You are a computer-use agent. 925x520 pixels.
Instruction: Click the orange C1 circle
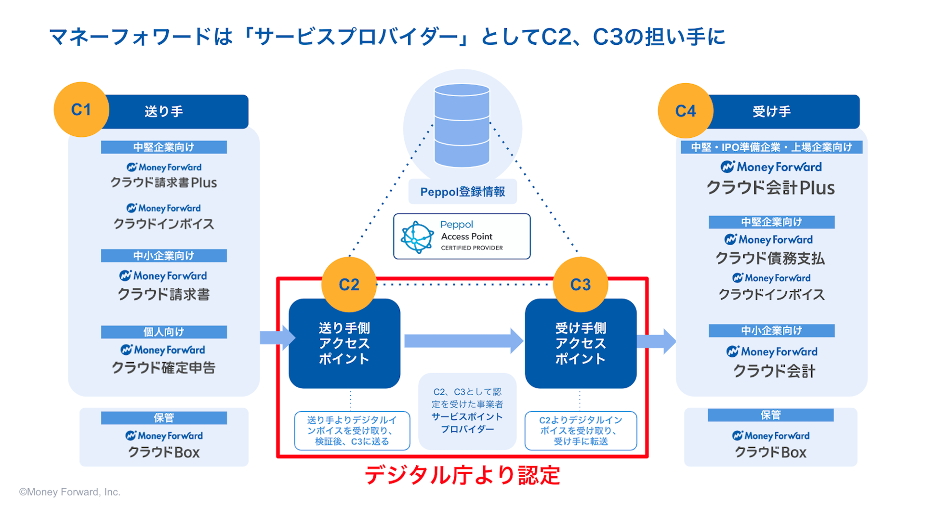[x=81, y=110]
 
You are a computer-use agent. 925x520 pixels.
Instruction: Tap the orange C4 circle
[x=685, y=111]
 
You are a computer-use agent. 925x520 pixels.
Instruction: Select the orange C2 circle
[x=349, y=285]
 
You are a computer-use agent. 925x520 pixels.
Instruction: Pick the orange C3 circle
[x=580, y=285]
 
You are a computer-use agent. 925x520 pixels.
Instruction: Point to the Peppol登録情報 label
[x=462, y=192]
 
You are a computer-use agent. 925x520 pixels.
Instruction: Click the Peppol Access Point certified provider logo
[x=462, y=236]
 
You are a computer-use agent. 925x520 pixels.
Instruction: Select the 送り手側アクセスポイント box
[x=344, y=344]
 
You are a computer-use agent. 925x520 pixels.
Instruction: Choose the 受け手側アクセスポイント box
[x=581, y=344]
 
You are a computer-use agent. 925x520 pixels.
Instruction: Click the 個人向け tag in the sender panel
[x=164, y=332]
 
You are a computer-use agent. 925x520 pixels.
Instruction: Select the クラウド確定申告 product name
[x=164, y=368]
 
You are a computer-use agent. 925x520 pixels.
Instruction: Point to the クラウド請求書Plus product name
[x=164, y=183]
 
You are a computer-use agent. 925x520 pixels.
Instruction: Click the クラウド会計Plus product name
[x=771, y=188]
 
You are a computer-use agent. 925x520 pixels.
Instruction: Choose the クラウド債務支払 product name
[x=770, y=259]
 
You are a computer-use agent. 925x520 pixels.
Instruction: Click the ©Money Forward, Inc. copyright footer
[x=70, y=492]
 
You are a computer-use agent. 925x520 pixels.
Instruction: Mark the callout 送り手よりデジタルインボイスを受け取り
[x=352, y=431]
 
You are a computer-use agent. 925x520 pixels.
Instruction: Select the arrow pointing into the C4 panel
[x=657, y=341]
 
